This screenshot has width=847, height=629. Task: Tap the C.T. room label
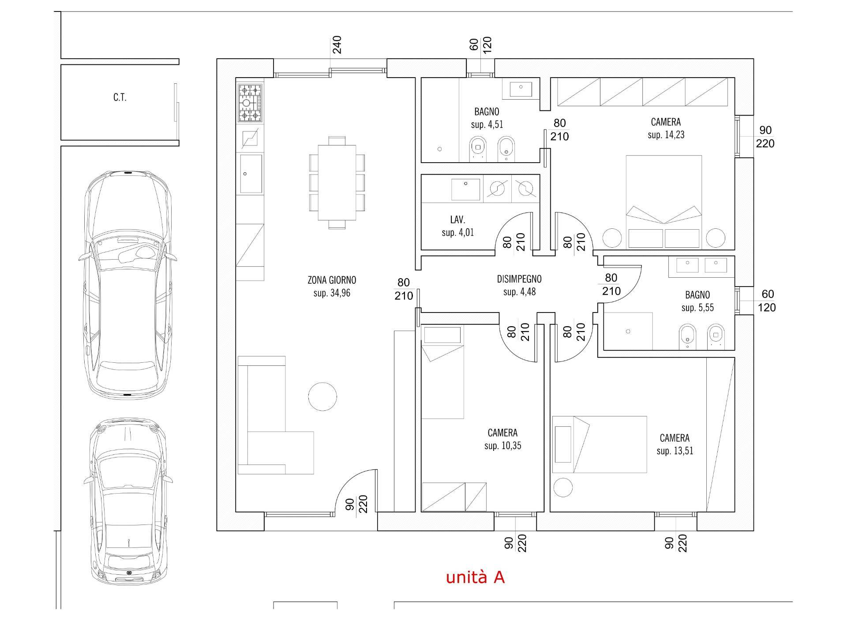click(120, 97)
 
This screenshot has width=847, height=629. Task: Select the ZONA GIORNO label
click(332, 280)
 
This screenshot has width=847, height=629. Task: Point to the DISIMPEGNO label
click(519, 279)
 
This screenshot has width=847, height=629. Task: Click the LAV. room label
click(457, 220)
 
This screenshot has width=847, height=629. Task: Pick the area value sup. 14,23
click(666, 135)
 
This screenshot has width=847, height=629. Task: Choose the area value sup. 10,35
click(502, 446)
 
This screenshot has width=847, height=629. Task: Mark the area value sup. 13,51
click(675, 451)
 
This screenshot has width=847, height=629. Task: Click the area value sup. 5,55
click(697, 308)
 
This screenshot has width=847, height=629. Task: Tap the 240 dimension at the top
click(337, 45)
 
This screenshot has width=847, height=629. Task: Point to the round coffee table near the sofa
click(322, 397)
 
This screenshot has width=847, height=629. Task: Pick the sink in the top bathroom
click(521, 89)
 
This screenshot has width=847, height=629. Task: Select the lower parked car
click(127, 502)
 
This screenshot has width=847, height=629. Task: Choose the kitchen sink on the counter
click(251, 174)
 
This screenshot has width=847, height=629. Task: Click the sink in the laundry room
click(465, 189)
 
